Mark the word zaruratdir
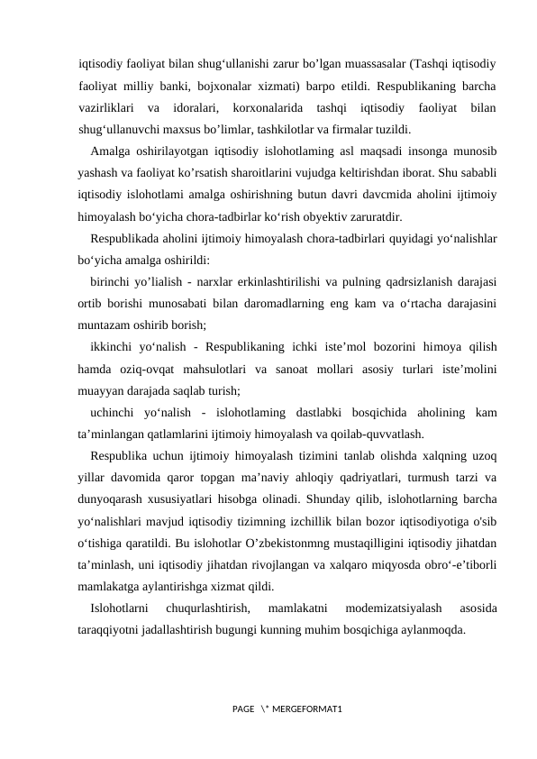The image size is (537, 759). pyautogui.click(x=380, y=216)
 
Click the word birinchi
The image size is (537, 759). pyautogui.click(x=114, y=281)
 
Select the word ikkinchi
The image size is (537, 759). pyautogui.click(x=114, y=346)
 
